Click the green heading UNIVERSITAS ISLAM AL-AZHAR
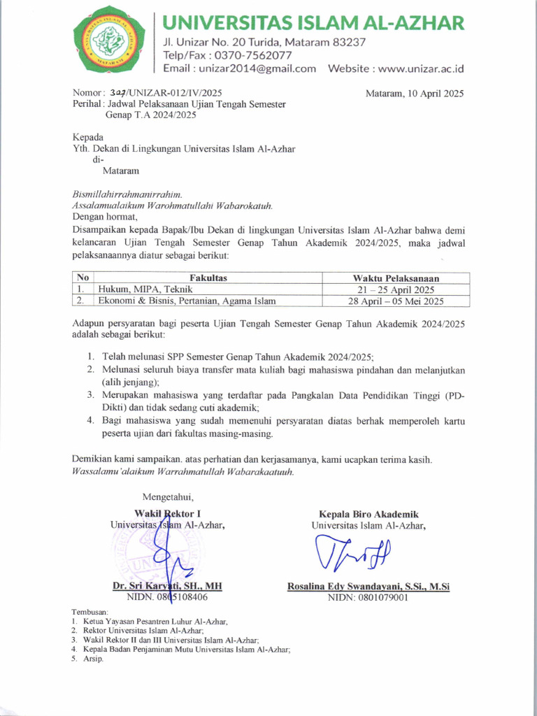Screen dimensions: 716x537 click(x=313, y=23)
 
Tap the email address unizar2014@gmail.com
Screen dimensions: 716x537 click(x=257, y=69)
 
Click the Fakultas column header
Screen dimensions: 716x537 click(x=208, y=278)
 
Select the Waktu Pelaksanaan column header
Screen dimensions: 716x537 click(x=396, y=278)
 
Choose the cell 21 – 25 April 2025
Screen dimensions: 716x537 click(x=396, y=289)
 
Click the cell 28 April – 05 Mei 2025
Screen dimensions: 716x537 click(x=396, y=301)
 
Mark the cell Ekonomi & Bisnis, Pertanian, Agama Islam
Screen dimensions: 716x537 click(x=187, y=301)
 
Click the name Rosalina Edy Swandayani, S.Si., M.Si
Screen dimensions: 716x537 click(x=368, y=587)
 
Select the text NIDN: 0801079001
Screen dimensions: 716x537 click(x=368, y=598)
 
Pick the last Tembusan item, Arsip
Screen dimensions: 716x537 click(x=93, y=659)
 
